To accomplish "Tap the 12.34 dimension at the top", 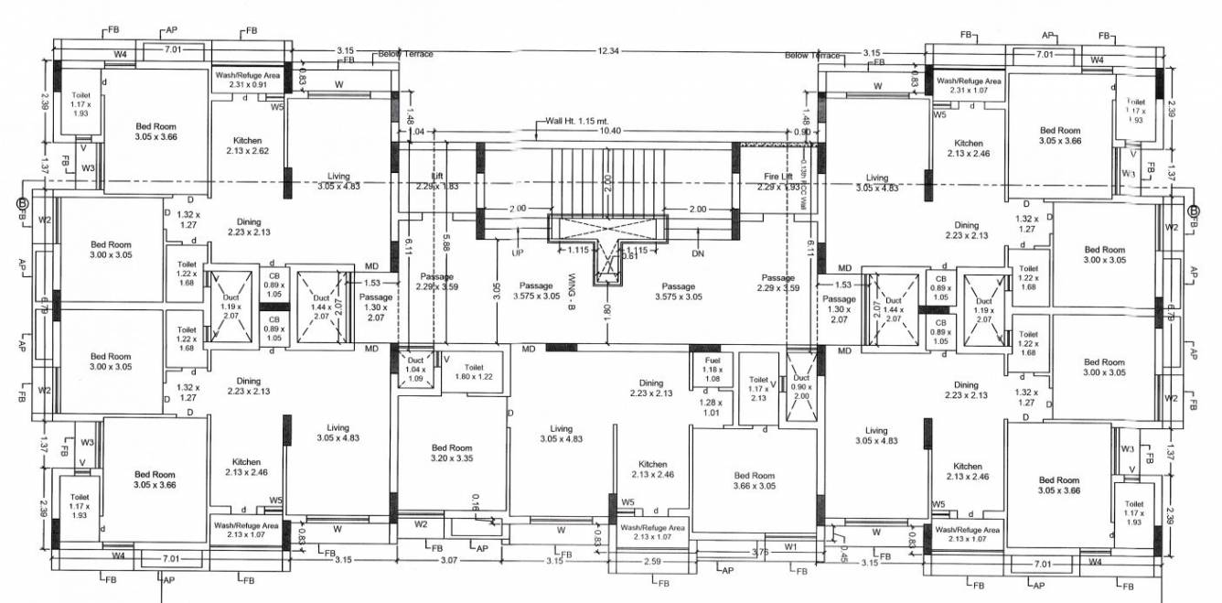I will coord(608,51).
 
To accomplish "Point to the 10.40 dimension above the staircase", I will coord(610,132).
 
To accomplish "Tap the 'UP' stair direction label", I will coord(517,252).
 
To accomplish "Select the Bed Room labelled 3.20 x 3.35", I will coord(452,454).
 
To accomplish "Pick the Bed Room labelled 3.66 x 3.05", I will coord(754,481).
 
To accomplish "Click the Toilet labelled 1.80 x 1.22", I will coord(473,371).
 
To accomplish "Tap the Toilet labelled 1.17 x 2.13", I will coord(758,389).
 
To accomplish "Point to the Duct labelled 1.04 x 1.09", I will coord(414,369).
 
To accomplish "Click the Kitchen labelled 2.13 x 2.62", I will coord(247,146).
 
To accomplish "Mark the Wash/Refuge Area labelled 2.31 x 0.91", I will coord(247,80).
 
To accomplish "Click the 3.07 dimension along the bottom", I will coord(448,560).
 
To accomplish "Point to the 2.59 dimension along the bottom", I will coord(652,560).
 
